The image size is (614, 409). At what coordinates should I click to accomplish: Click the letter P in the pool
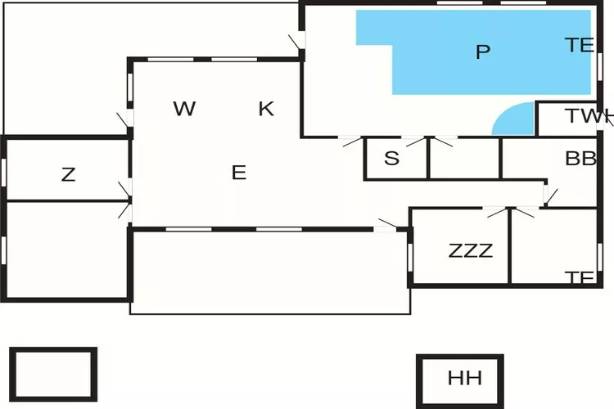pyautogui.click(x=483, y=52)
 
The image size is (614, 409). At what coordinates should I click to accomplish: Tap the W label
pyautogui.click(x=185, y=109)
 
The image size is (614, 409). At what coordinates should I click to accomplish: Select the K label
pyautogui.click(x=266, y=109)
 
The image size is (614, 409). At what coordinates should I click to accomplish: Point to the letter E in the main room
pyautogui.click(x=238, y=173)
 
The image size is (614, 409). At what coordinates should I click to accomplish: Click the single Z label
pyautogui.click(x=69, y=174)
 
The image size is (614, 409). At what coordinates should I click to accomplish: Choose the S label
pyautogui.click(x=392, y=159)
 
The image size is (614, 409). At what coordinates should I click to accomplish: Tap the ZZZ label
pyautogui.click(x=471, y=251)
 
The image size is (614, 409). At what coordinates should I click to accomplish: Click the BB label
pyautogui.click(x=580, y=159)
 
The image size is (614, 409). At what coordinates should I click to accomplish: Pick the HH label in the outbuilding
pyautogui.click(x=464, y=379)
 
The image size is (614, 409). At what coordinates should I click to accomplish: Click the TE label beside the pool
pyautogui.click(x=579, y=46)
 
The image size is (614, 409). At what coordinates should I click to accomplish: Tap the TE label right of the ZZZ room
pyautogui.click(x=580, y=277)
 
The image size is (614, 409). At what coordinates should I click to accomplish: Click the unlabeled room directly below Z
pyautogui.click(x=67, y=249)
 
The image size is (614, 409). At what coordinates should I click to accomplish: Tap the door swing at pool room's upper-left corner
pyautogui.click(x=296, y=42)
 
